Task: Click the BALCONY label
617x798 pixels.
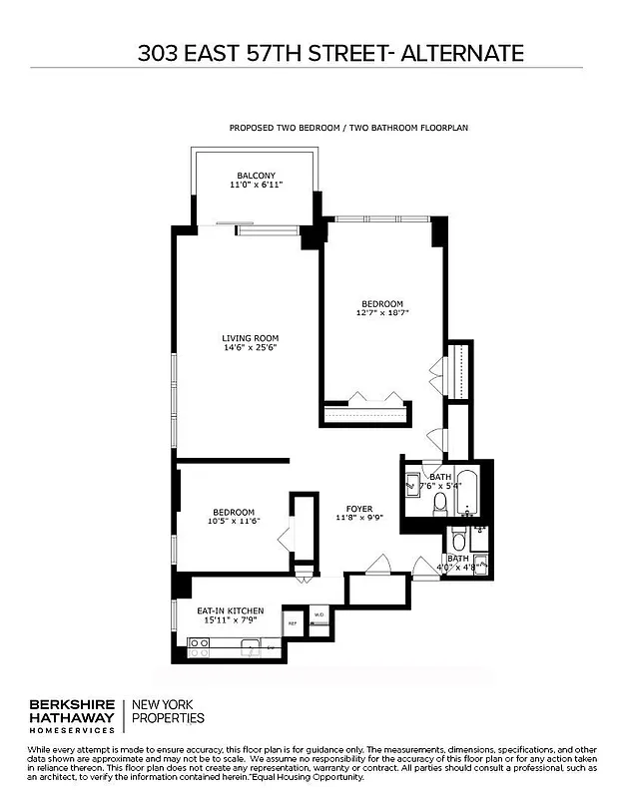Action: (x=256, y=176)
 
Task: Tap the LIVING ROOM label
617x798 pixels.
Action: (x=250, y=338)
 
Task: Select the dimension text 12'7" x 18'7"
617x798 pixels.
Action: (x=381, y=313)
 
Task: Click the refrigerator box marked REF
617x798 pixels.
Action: (x=294, y=622)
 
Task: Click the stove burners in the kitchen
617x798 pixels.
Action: (x=200, y=642)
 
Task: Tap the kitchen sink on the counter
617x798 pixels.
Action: (x=249, y=643)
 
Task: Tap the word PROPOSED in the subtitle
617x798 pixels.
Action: (x=254, y=129)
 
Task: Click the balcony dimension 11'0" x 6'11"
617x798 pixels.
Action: (x=256, y=186)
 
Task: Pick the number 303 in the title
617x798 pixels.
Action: (x=160, y=53)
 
